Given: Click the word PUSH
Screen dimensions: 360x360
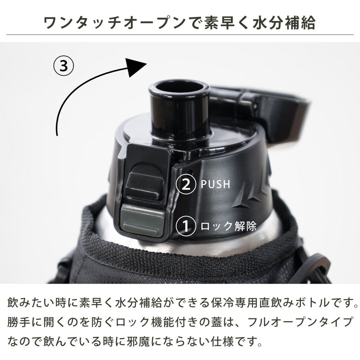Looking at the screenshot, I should pos(215,184).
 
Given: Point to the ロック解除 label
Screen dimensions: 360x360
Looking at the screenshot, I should pos(228,226).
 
